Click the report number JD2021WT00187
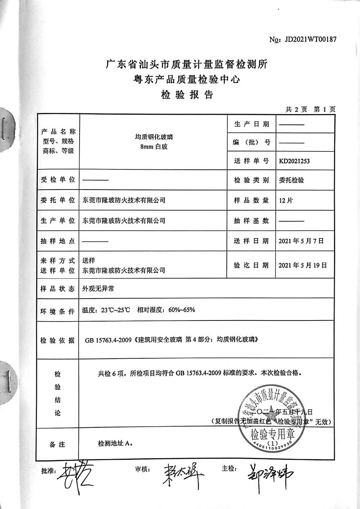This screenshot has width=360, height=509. coord(310,39)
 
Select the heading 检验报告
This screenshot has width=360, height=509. coord(187,95)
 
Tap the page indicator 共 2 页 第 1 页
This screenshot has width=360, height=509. coord(310,109)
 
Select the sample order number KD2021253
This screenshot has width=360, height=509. coord(294,161)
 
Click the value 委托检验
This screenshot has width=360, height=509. coord(291,180)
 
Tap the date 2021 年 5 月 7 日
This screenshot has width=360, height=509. coord(301,241)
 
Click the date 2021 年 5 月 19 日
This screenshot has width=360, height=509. coord(302,265)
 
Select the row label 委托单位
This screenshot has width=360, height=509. coord(58,200)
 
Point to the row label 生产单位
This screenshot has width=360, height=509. coord(58,221)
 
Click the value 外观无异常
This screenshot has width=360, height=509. coord(98,288)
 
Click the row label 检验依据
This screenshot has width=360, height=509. coord(58,340)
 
